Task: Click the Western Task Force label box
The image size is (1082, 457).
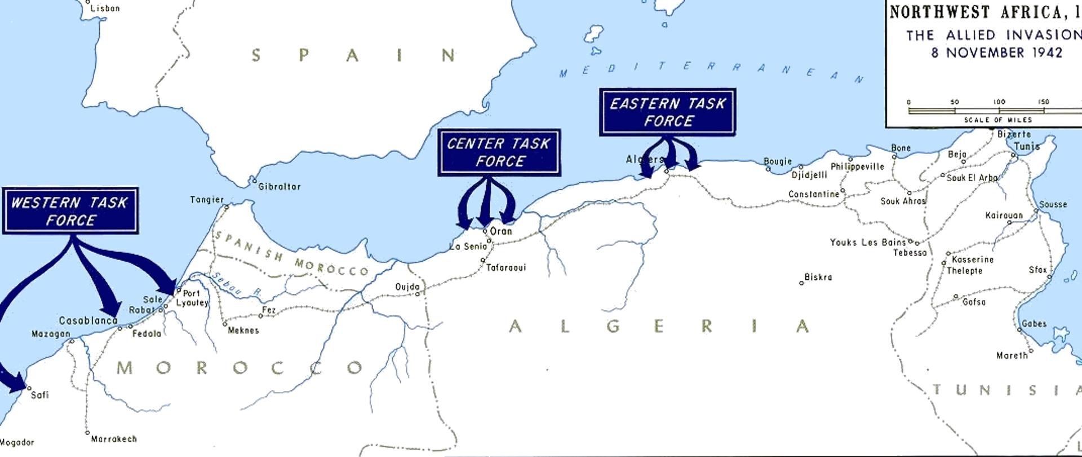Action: [70, 211]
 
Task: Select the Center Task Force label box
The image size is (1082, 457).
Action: [499, 152]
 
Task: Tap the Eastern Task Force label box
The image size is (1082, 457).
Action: [668, 112]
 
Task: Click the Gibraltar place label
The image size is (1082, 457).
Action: [279, 186]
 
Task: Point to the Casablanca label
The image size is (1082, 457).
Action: [88, 320]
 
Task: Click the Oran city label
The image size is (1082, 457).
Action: [501, 231]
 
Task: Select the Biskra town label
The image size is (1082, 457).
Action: [818, 277]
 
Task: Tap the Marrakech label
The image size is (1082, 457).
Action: [114, 438]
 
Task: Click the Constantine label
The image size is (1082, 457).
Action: [814, 194]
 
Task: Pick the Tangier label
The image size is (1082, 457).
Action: [206, 200]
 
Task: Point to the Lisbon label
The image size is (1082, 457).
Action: [105, 8]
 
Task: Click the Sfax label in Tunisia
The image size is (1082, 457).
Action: [1037, 270]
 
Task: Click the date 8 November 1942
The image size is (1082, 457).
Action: [996, 52]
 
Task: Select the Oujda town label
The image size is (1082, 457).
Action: [407, 287]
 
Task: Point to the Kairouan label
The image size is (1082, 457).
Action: [1004, 216]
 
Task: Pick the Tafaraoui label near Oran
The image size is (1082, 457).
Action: [505, 267]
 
